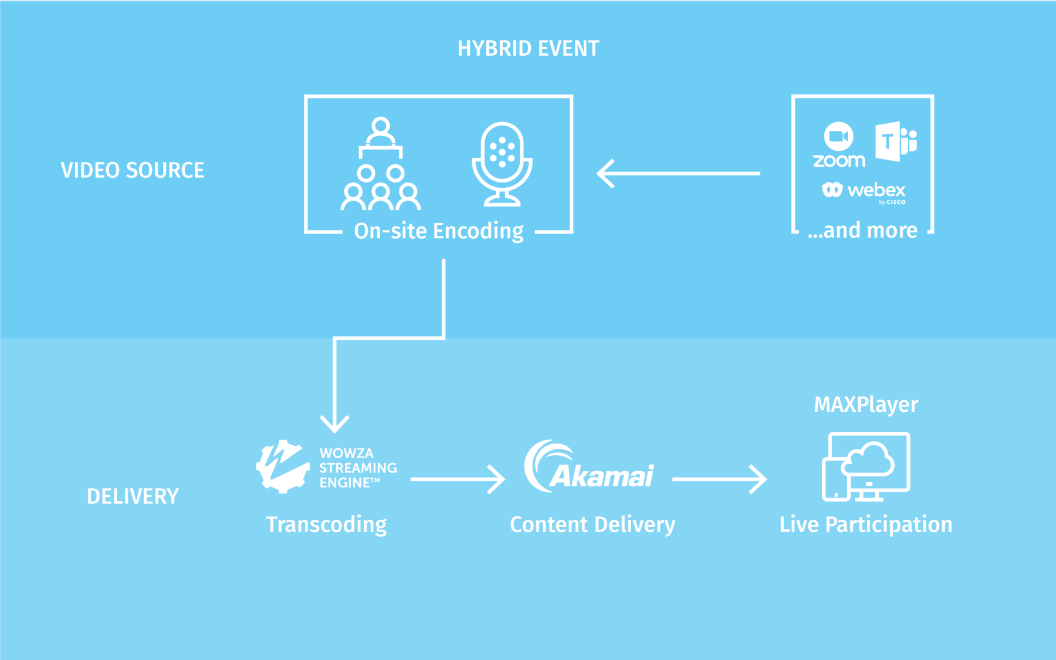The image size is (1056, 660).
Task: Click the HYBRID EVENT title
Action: click(x=528, y=48)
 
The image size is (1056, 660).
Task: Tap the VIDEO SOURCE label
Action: click(x=133, y=170)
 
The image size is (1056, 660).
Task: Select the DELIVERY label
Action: click(x=133, y=496)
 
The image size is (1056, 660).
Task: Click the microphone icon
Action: click(x=502, y=164)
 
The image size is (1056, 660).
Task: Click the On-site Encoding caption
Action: click(x=438, y=231)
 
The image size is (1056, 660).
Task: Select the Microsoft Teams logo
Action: click(x=895, y=141)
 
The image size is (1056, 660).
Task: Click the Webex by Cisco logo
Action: click(x=864, y=191)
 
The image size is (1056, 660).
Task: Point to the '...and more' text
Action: click(x=862, y=230)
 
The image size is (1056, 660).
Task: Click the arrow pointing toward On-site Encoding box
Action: click(x=678, y=173)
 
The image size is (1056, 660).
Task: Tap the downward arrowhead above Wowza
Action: click(x=334, y=424)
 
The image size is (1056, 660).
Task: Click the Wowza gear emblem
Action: click(x=283, y=466)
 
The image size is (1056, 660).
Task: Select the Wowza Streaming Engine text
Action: click(x=357, y=468)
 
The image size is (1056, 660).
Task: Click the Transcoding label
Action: click(x=326, y=524)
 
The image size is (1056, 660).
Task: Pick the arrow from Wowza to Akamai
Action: click(x=458, y=479)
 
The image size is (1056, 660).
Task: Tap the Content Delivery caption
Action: click(x=593, y=524)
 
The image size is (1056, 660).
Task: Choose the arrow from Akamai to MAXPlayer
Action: click(x=719, y=479)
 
